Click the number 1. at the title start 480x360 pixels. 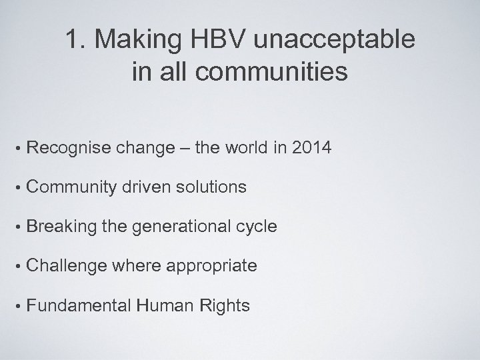pyautogui.click(x=76, y=41)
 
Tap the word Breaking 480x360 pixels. pyautogui.click(x=63, y=227)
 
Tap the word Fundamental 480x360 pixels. pyautogui.click(x=79, y=305)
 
